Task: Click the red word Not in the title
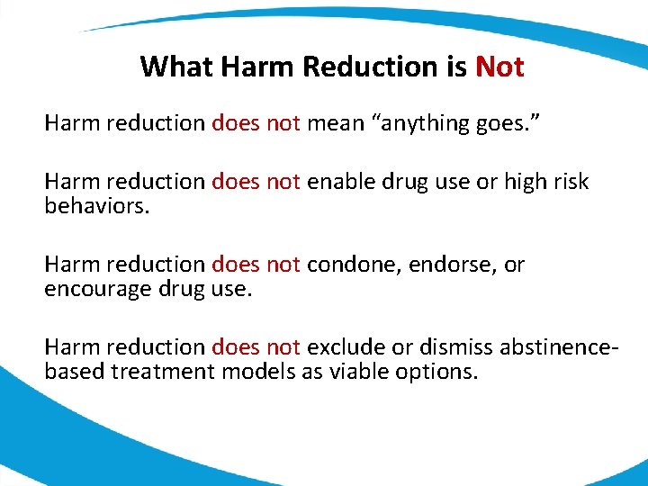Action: point(499,67)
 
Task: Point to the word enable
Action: point(342,182)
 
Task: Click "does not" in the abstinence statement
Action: point(256,346)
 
